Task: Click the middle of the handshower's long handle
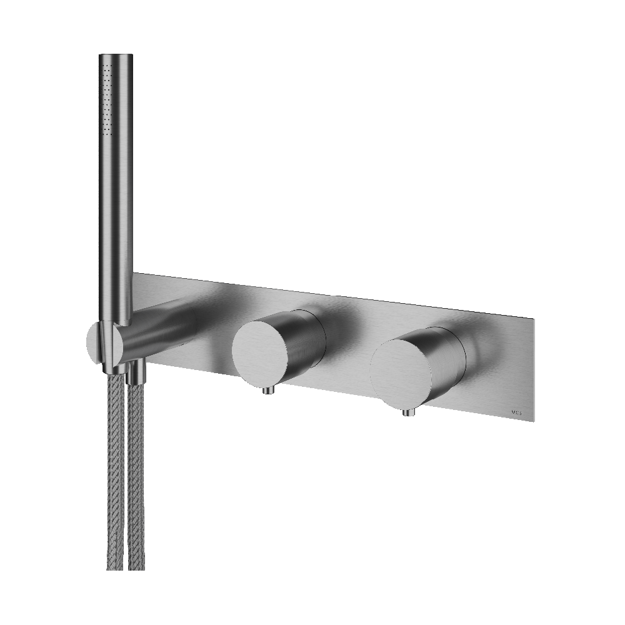[116, 187]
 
